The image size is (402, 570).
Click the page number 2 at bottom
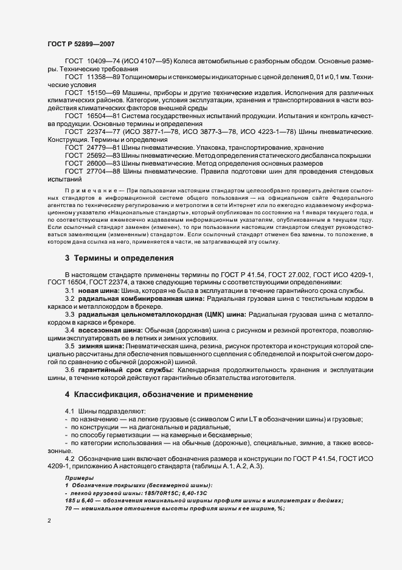(x=49, y=521)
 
